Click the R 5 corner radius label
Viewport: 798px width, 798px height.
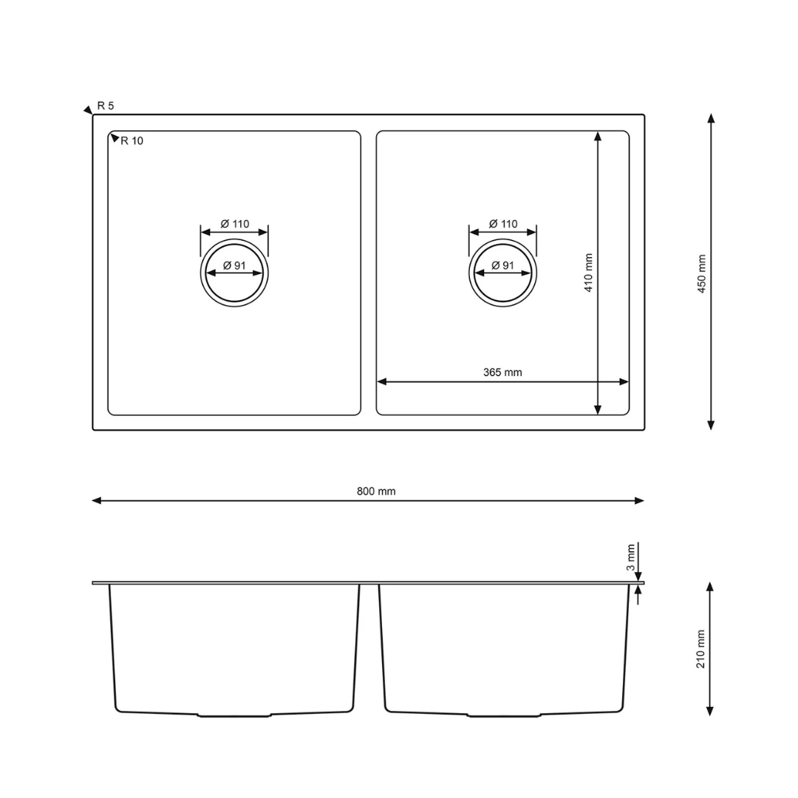point(106,106)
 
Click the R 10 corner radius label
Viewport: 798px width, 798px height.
point(132,141)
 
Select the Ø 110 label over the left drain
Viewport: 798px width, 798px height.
point(235,224)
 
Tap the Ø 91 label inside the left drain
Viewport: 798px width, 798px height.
point(235,265)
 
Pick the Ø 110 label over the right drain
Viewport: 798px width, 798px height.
point(503,224)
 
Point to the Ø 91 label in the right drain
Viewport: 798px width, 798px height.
point(503,265)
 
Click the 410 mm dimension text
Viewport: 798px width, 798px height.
point(588,273)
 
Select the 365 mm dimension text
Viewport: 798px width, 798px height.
point(503,372)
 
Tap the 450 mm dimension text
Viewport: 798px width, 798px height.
point(702,274)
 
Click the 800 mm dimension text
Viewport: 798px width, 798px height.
point(376,491)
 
